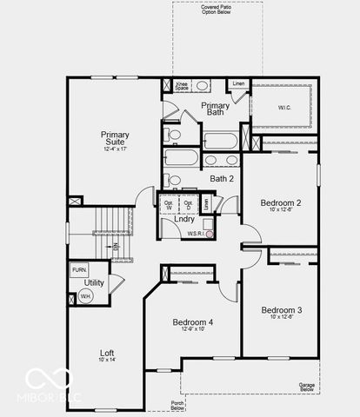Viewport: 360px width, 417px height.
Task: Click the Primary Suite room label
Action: pos(115,139)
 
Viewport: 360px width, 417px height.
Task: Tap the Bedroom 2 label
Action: pos(281,203)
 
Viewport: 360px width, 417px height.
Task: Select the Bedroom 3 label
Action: pos(281,310)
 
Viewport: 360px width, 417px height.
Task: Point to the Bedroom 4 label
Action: pos(192,321)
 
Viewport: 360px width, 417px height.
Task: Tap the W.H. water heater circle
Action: pos(86,296)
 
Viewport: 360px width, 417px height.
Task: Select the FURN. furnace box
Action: pos(79,270)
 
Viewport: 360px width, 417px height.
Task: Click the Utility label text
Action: pos(94,283)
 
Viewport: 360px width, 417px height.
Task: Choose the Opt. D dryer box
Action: pos(188,206)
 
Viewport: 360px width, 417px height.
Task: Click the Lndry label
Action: pos(183,219)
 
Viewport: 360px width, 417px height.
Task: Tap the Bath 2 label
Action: pos(222,178)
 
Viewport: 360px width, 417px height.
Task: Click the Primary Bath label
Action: pos(215,109)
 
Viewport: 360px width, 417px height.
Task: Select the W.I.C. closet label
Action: pos(284,108)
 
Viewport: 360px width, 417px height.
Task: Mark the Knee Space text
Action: pos(181,87)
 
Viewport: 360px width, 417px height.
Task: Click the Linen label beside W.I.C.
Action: pos(238,83)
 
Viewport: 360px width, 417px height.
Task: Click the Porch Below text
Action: pos(177,405)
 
